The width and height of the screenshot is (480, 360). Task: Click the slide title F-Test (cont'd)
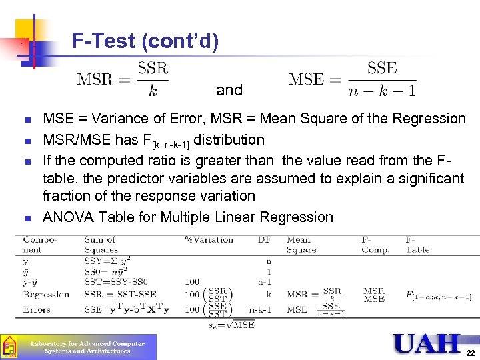[x=145, y=42]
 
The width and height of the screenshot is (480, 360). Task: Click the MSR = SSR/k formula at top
[x=123, y=79]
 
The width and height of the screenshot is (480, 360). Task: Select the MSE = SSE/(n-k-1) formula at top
[x=352, y=79]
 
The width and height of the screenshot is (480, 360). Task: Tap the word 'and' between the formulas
[x=229, y=90]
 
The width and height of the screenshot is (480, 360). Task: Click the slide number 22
[x=471, y=351]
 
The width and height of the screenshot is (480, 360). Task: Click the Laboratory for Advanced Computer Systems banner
[x=87, y=347]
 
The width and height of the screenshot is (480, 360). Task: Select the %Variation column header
[x=209, y=240]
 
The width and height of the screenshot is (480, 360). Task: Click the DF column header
[x=265, y=240]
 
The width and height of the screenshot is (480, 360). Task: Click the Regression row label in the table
[x=46, y=295]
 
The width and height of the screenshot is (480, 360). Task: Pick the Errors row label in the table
[x=37, y=309]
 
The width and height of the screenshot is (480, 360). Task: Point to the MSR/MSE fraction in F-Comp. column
[x=374, y=295]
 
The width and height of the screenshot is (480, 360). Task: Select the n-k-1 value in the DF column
[x=261, y=309]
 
